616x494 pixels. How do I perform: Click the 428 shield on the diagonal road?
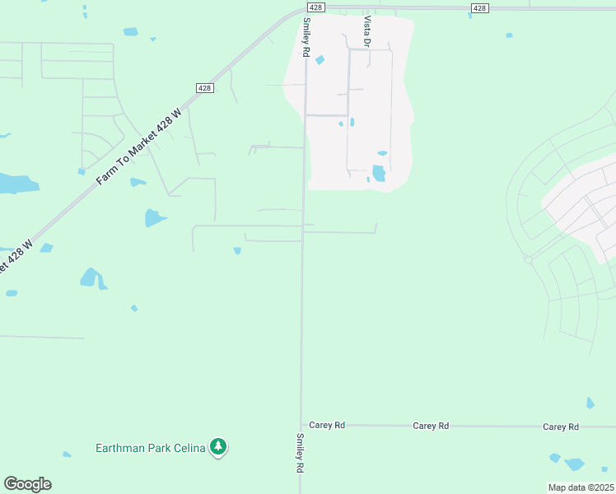[205, 88]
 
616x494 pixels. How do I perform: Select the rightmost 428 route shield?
[480, 7]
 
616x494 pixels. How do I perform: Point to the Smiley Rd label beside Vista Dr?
[306, 37]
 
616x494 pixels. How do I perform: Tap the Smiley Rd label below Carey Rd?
[300, 453]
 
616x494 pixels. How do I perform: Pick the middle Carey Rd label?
[431, 426]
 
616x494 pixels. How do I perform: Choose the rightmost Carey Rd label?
[561, 426]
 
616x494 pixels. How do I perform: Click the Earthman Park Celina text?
[149, 448]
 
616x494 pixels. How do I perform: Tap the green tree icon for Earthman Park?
[218, 447]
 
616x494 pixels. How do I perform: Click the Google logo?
[27, 484]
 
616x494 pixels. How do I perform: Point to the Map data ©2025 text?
[581, 487]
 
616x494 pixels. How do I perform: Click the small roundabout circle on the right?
[529, 259]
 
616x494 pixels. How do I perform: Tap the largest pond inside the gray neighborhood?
[378, 173]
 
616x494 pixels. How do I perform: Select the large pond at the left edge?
[16, 183]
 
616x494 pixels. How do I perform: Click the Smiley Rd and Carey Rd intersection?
[301, 425]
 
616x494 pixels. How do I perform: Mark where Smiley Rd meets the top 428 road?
[306, 10]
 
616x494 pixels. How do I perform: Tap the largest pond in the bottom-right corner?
[574, 464]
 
